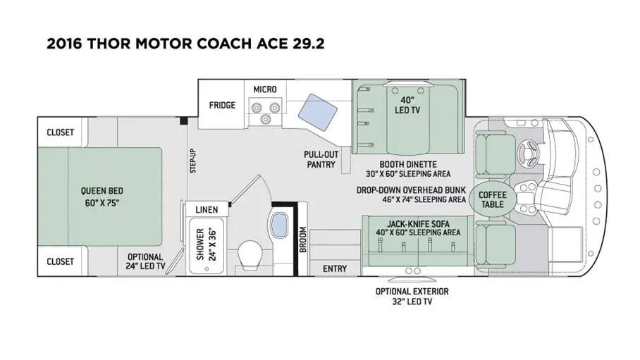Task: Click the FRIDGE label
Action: coord(222,105)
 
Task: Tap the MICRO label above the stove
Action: coord(265,89)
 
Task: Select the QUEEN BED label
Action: coord(101,191)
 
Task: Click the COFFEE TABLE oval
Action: coord(493,199)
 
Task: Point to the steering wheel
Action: coord(529,154)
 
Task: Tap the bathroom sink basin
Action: coord(280,225)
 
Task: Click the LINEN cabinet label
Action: coord(207,210)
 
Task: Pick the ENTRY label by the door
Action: coord(335,268)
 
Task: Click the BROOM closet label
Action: coord(303,240)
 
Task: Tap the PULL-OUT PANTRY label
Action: coord(321,160)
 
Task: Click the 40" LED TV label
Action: coord(407,105)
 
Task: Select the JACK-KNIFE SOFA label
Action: coord(419,223)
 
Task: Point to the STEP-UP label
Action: coord(193,161)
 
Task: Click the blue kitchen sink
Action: coord(318,112)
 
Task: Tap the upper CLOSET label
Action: coord(61,132)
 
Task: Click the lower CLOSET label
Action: coord(61,261)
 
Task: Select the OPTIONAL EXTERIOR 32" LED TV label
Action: coord(412,297)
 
